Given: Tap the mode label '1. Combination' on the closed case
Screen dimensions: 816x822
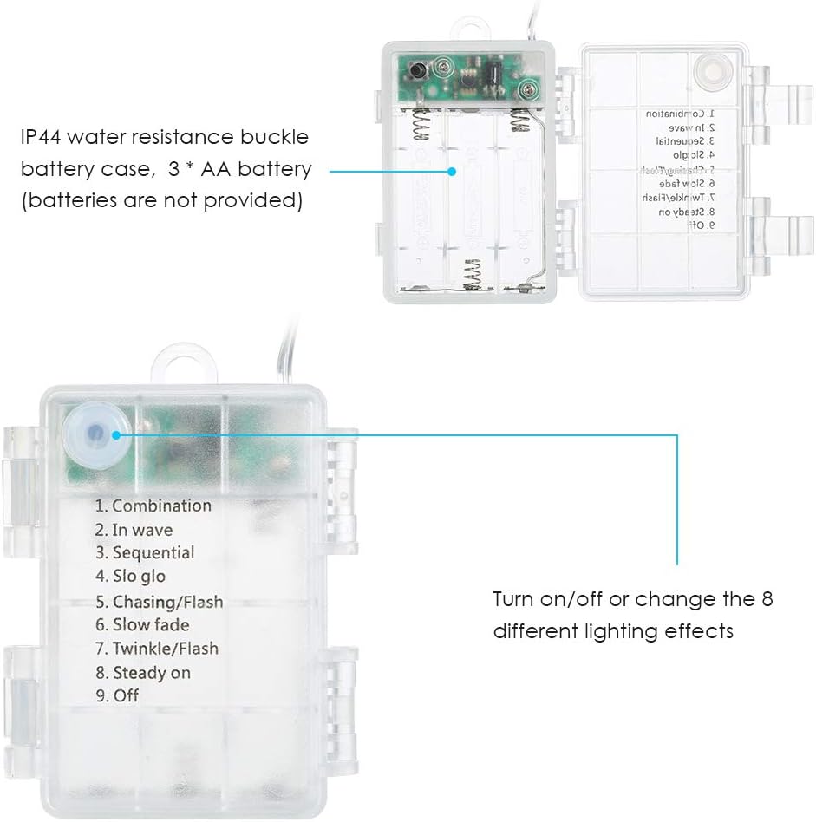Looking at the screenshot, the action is (x=153, y=506).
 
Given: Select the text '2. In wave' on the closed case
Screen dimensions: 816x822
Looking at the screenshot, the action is (x=134, y=530).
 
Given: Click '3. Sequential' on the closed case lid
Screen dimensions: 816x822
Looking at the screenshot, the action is (x=145, y=552).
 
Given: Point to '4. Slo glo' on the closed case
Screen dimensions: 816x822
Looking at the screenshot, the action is (x=130, y=576).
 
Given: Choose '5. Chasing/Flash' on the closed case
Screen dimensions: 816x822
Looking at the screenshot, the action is (x=159, y=601).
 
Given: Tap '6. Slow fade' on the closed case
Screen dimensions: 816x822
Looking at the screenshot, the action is (x=142, y=624).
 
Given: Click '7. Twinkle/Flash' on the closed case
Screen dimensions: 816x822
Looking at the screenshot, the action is (x=157, y=648).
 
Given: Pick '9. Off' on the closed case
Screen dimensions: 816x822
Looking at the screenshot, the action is (x=117, y=695).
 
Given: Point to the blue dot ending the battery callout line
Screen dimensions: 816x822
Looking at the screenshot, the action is (x=452, y=170).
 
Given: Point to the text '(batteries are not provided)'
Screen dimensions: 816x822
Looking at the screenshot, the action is (x=161, y=202).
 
